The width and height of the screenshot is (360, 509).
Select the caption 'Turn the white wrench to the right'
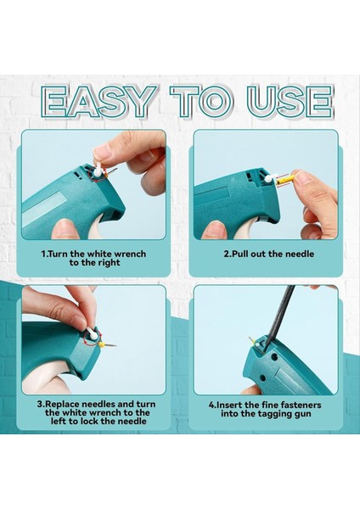(93, 258)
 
